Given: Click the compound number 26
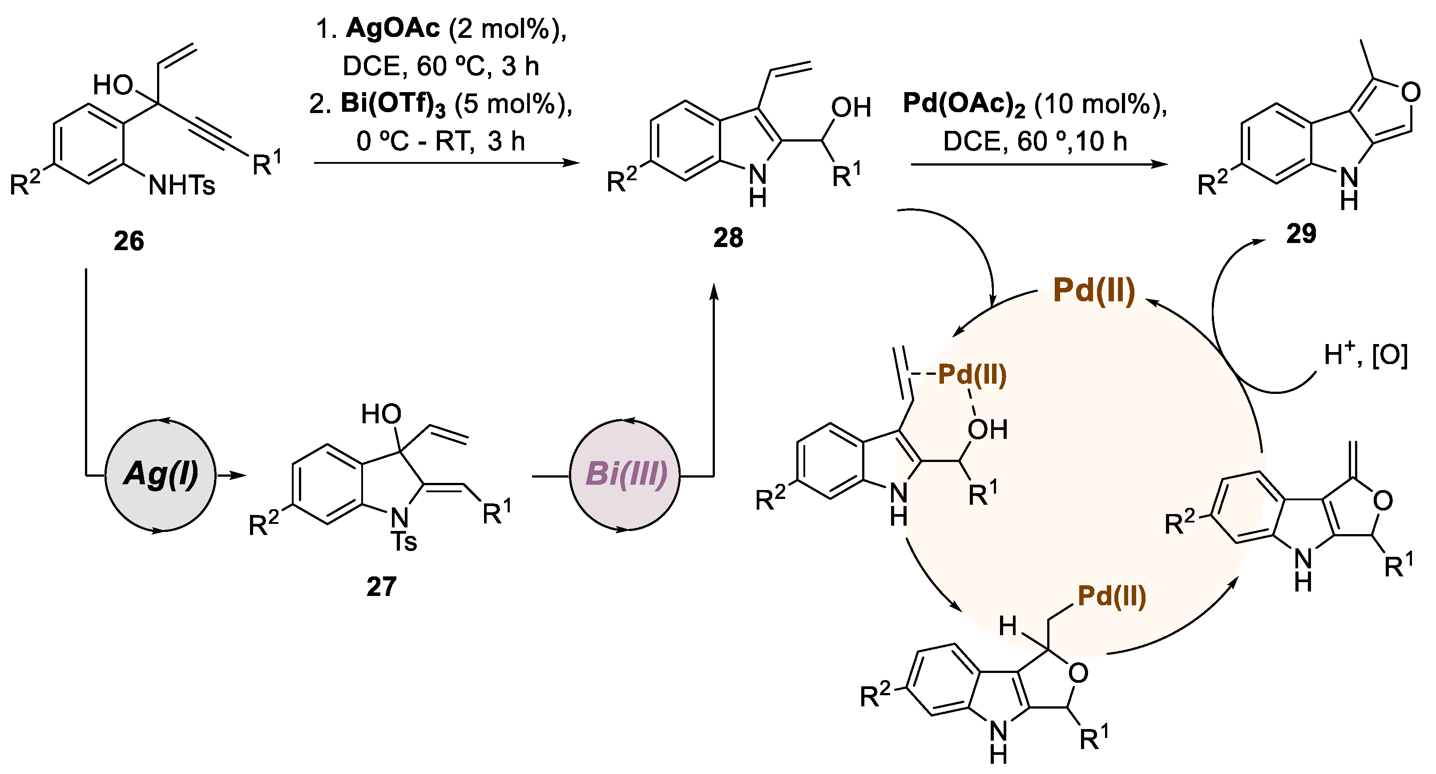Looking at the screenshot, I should click(129, 241).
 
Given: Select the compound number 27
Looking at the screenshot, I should click(381, 587).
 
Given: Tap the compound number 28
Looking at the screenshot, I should click(728, 238).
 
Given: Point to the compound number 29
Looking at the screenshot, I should click(1301, 233).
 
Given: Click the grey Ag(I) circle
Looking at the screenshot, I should click(161, 475).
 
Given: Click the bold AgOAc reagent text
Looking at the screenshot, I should click(392, 28).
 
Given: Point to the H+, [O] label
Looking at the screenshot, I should click(1366, 355).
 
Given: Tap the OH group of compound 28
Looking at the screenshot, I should click(851, 108).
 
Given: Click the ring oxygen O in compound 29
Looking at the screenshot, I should click(1410, 92).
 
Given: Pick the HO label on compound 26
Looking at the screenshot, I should click(113, 85).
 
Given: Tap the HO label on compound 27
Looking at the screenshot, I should click(381, 414).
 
